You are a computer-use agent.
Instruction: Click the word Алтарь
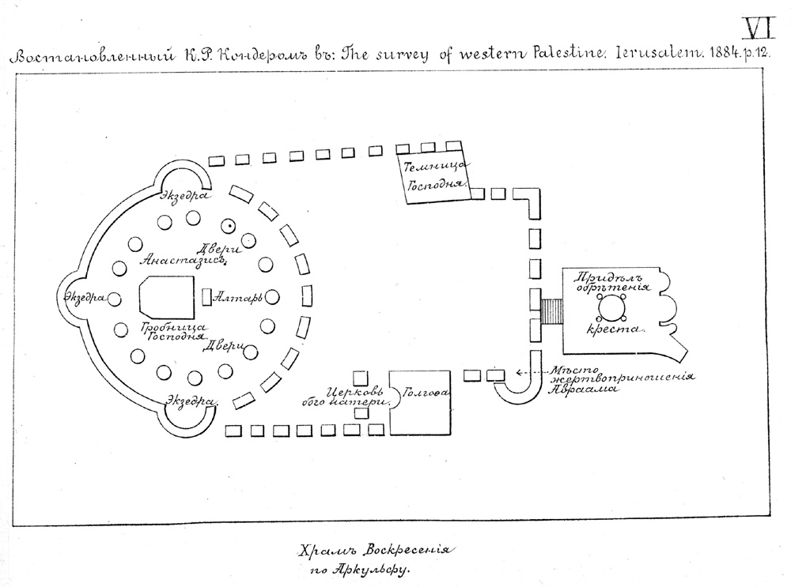tap(239, 298)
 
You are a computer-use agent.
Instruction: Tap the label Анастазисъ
tap(183, 258)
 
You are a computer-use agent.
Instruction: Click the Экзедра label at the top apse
tap(185, 195)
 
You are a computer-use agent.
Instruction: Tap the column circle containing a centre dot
tap(229, 225)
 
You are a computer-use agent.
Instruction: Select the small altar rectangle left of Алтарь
tap(207, 298)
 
